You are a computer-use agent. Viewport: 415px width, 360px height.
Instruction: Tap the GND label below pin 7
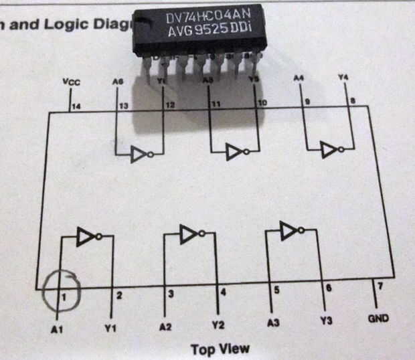tap(378, 318)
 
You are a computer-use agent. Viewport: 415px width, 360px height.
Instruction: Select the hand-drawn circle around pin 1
tap(60, 292)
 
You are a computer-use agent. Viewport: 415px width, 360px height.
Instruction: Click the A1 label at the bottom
tap(58, 329)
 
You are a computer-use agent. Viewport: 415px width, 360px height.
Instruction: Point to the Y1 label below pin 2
tap(111, 328)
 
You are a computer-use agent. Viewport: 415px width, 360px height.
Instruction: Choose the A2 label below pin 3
tap(166, 327)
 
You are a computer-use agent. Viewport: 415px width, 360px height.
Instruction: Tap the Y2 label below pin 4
tap(218, 326)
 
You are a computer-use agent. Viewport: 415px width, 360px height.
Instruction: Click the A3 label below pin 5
tap(271, 324)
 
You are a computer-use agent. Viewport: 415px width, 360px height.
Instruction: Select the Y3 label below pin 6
tap(326, 321)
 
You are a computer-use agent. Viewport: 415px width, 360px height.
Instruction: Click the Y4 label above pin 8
tap(343, 78)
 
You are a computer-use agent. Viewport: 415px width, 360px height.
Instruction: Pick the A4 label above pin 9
tap(299, 79)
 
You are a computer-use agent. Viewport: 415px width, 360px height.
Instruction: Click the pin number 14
tap(76, 106)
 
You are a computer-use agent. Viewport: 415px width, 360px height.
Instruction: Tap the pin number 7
tap(380, 286)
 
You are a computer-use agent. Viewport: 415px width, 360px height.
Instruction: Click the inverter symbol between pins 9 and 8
tap(330, 150)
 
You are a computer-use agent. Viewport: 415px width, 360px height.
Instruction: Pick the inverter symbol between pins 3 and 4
tap(190, 234)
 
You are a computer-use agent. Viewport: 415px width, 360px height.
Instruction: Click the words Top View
tap(220, 349)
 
